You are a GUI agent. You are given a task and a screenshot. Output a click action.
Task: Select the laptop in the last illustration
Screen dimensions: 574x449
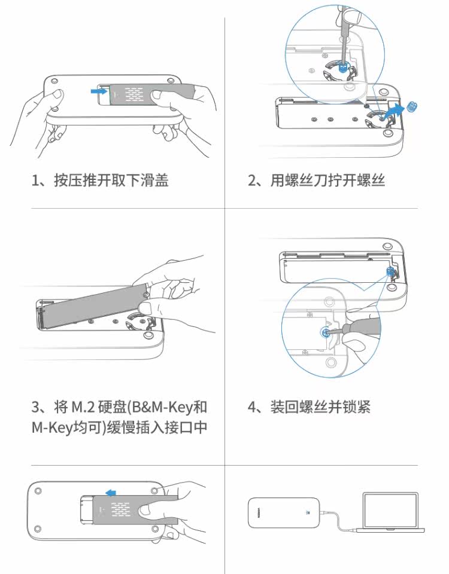coord(390,512)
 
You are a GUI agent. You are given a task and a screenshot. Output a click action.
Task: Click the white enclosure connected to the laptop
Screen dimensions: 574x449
coord(282,512)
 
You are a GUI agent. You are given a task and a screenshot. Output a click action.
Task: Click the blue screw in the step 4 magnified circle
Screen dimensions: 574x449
coord(325,333)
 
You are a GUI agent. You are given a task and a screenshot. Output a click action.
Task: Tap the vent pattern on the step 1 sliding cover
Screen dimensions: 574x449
coord(131,93)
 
